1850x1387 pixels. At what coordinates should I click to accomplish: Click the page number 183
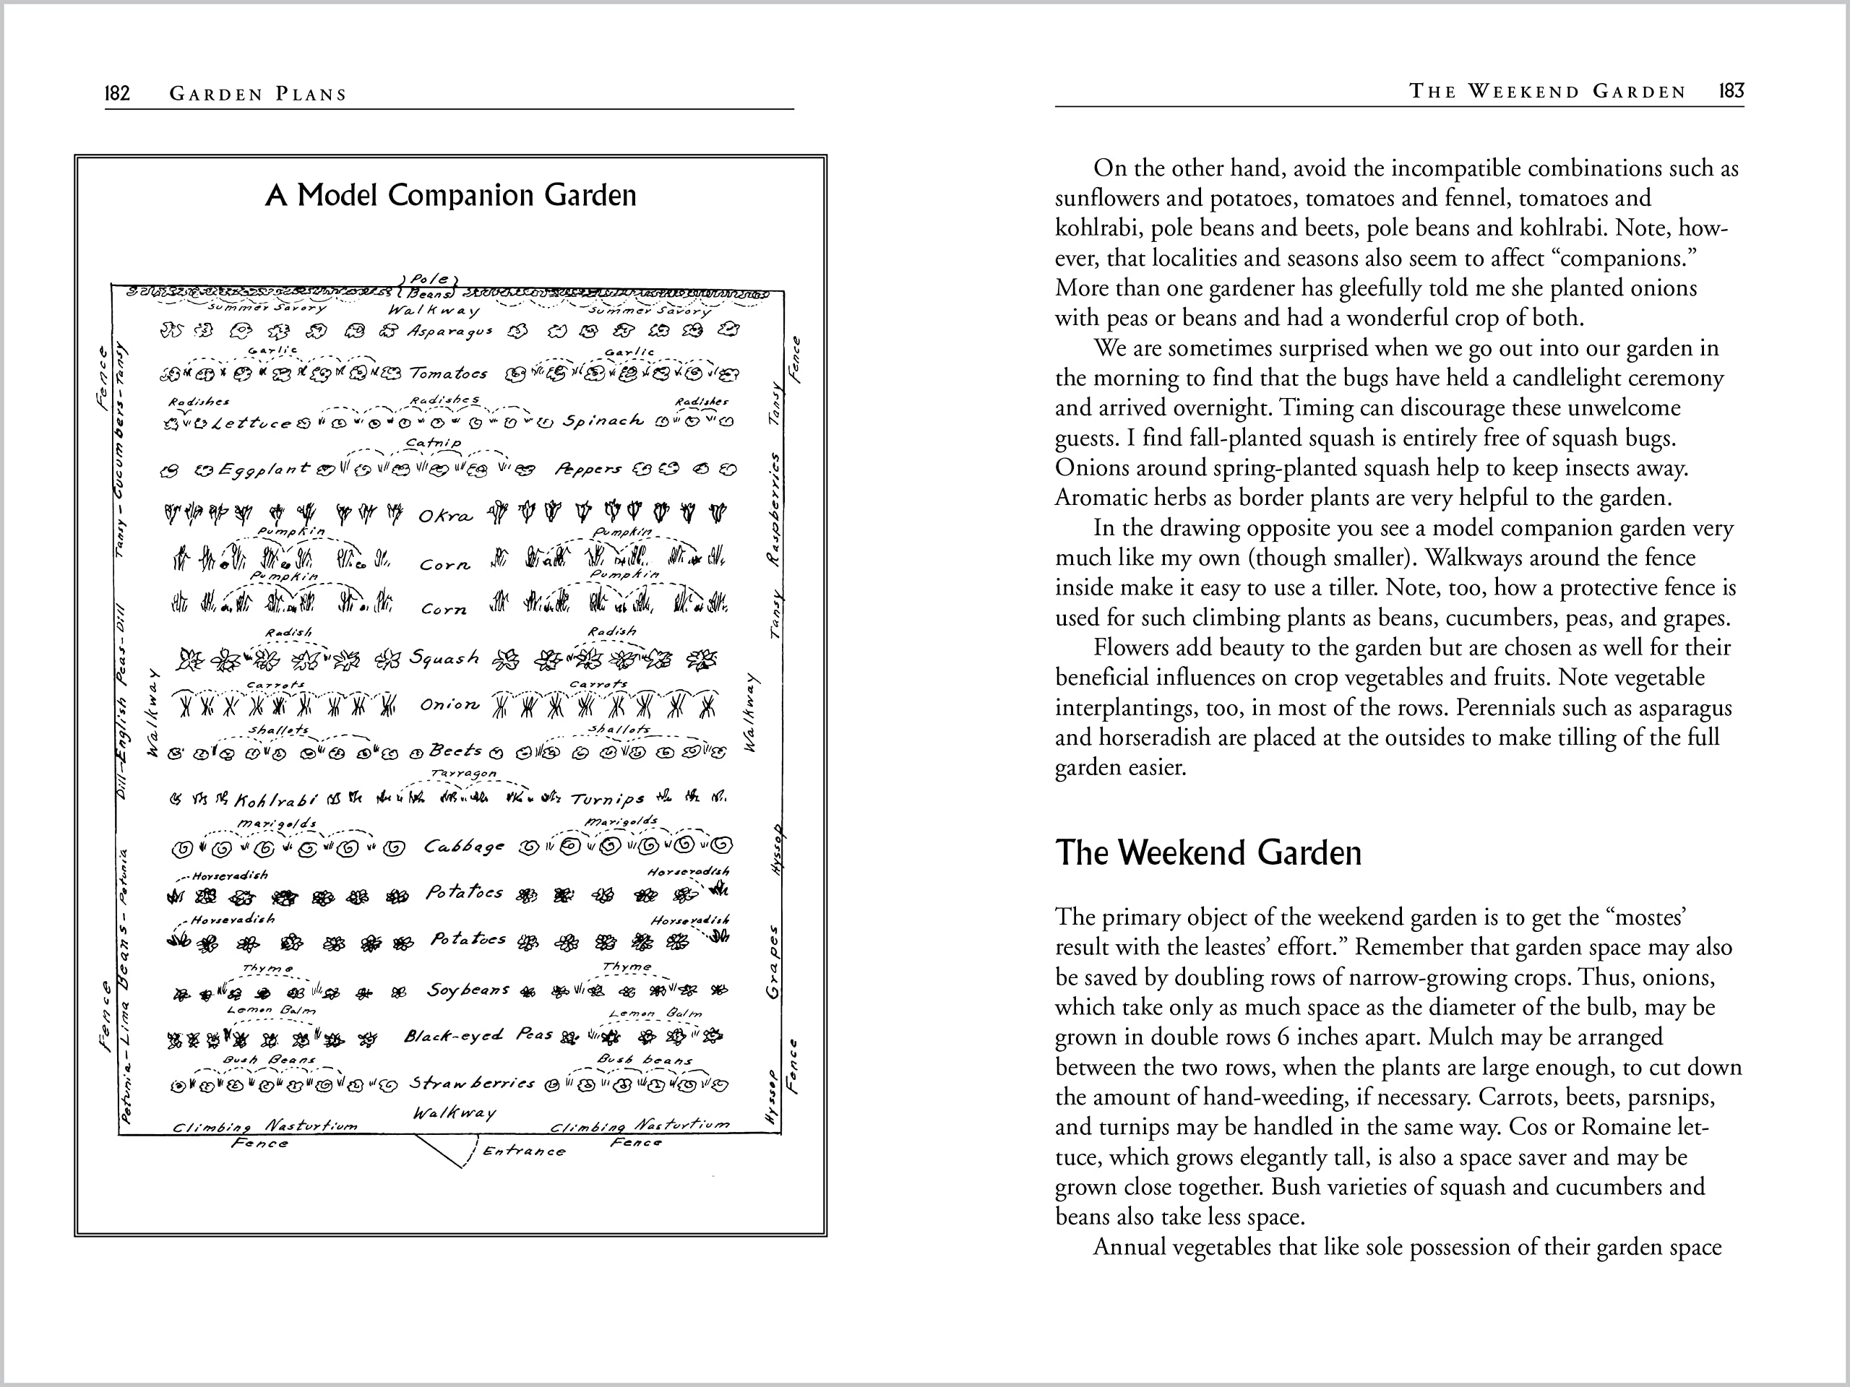coord(1731,91)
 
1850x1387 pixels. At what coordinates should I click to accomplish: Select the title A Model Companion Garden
coord(451,195)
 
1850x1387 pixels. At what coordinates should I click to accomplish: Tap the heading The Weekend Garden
coord(1208,852)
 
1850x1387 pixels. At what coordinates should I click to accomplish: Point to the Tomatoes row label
coord(448,373)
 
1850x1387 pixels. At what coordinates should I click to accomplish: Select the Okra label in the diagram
coord(446,516)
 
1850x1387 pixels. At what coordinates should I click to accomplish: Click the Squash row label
coord(444,658)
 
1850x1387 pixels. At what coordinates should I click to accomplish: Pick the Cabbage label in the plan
coord(464,847)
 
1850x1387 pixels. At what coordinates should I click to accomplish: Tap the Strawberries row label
coord(472,1084)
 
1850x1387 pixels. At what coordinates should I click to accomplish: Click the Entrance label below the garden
coord(525,1151)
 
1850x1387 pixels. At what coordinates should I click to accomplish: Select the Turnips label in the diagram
coord(607,799)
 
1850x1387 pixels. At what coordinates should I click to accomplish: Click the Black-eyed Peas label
coord(478,1036)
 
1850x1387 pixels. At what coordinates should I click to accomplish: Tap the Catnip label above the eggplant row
coord(433,442)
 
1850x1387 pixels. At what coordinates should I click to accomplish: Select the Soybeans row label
coord(468,990)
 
